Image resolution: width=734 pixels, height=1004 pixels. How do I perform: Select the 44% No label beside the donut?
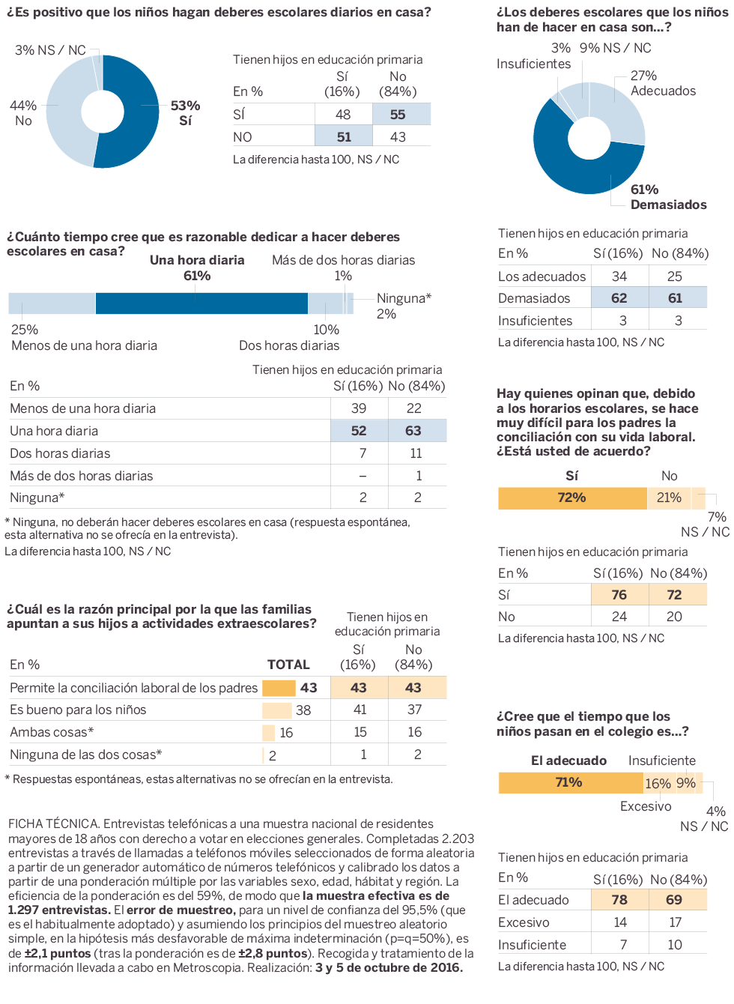tap(23, 113)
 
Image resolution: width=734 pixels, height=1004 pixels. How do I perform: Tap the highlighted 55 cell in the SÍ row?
tap(398, 115)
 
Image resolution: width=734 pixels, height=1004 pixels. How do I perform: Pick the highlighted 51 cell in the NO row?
tap(344, 137)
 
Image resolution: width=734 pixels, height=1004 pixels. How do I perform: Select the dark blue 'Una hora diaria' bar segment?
tap(201, 303)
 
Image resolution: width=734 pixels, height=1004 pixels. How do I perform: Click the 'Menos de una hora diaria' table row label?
tap(82, 408)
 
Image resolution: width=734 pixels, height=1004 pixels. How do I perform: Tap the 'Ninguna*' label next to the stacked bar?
tap(404, 298)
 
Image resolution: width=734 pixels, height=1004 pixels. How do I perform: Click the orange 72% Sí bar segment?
tap(572, 498)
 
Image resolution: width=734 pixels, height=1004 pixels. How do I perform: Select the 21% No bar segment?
tap(669, 498)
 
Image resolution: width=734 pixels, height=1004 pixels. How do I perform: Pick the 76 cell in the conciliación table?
tap(619, 595)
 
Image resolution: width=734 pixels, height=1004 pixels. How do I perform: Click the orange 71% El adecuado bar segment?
tap(569, 783)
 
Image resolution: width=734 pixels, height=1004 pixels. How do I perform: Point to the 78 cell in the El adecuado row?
tap(619, 900)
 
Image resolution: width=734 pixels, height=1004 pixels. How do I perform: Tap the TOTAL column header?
tap(288, 665)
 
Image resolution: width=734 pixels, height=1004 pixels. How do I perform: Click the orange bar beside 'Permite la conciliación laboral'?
tap(279, 688)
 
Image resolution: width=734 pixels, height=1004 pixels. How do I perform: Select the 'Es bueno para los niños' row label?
tap(78, 710)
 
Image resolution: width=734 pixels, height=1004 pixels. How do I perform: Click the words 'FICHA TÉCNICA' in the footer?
tap(53, 823)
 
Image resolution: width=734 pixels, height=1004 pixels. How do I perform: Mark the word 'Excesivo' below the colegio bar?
tap(646, 806)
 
